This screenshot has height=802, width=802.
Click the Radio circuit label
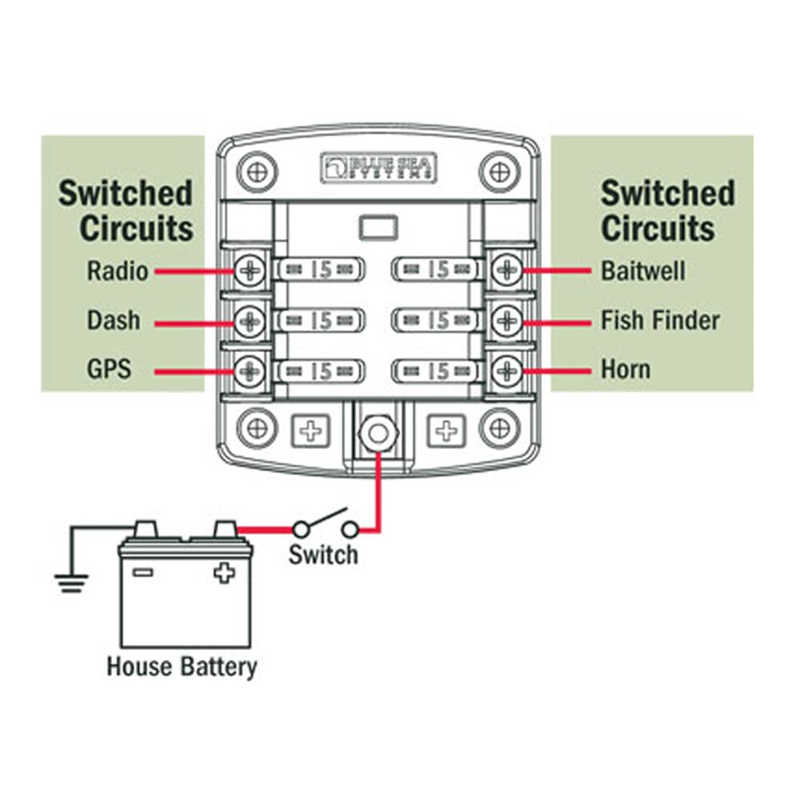coord(117,271)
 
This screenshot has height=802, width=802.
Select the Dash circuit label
coord(113,321)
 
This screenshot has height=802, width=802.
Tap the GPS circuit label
coord(108,370)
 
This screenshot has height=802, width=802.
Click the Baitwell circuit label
coord(643,270)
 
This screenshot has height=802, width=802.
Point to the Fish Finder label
coord(660,321)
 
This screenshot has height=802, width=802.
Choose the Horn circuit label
coord(626,370)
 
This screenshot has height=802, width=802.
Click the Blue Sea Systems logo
coord(379,167)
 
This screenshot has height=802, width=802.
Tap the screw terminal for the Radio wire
coord(251,270)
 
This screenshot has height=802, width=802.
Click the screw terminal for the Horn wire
coord(506,371)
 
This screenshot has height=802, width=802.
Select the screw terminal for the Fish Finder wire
coord(506,321)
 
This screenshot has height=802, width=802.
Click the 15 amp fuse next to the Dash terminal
coord(321,321)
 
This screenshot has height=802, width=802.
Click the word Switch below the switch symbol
coord(323,554)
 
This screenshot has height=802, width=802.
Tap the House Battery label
coord(183,666)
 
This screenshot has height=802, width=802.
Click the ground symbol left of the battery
coord(72,581)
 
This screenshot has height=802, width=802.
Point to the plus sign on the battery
coord(224,573)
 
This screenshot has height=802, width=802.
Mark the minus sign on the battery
coord(143,573)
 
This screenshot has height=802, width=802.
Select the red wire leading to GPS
coord(192,371)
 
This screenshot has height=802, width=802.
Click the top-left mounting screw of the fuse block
coord(257,172)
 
